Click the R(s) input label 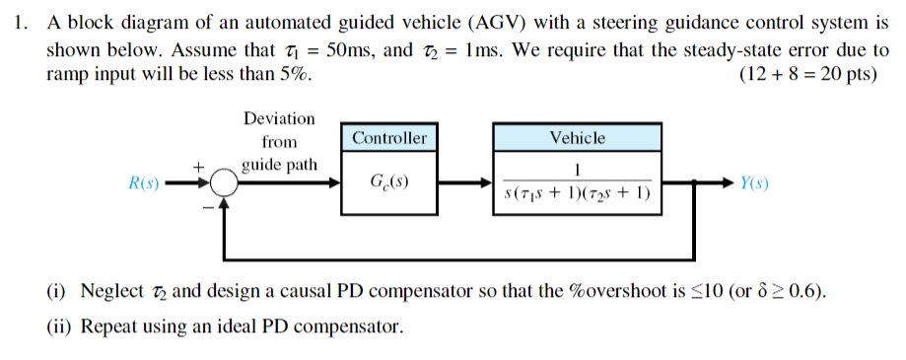pyautogui.click(x=144, y=183)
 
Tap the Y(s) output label pyautogui.click(x=754, y=183)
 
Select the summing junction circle pyautogui.click(x=225, y=183)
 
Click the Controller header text pyautogui.click(x=389, y=138)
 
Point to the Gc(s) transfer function pyautogui.click(x=389, y=183)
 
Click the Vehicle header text pyautogui.click(x=577, y=138)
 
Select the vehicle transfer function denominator pyautogui.click(x=577, y=193)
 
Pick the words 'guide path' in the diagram pyautogui.click(x=280, y=164)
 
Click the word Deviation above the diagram pyautogui.click(x=280, y=118)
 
